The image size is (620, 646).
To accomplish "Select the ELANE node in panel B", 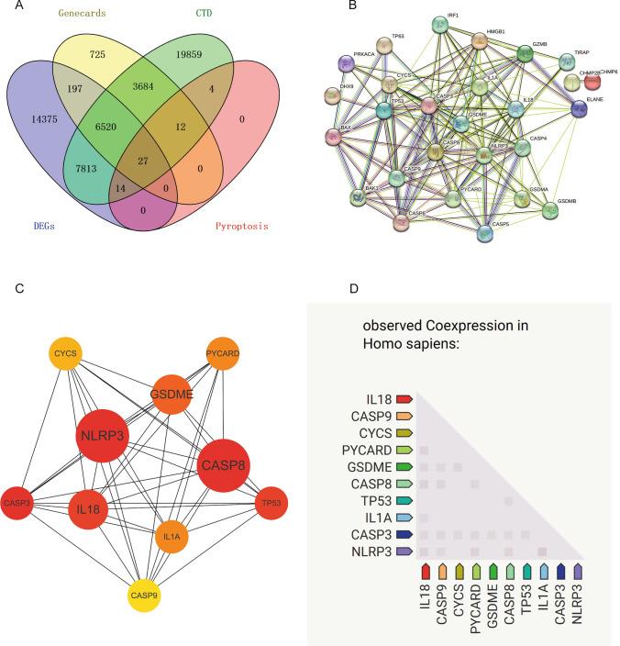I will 579,108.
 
